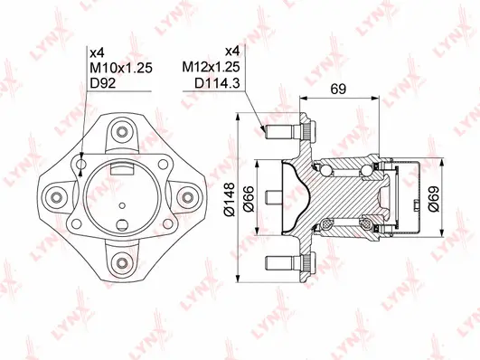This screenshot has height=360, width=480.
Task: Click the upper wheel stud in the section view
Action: pos(283,131)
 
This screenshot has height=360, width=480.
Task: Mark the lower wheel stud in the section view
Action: pos(283,263)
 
